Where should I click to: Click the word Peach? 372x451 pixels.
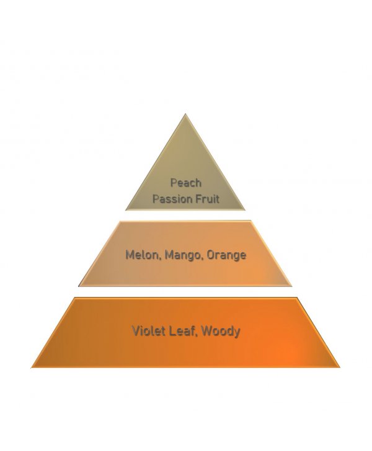pos(186,183)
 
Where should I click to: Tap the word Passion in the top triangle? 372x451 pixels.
pos(169,199)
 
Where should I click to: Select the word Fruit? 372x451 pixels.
pos(204,199)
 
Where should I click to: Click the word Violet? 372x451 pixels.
pos(149,331)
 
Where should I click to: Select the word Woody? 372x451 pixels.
pos(221,332)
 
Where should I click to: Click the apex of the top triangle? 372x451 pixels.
pos(185,114)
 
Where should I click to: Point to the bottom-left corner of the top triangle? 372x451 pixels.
pos(125,210)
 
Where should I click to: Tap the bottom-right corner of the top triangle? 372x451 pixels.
pos(245,210)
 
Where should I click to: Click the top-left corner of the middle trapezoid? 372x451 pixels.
pos(120,221)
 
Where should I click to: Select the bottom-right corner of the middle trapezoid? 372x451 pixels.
pos(292,286)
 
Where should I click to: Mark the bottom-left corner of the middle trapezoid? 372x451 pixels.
pos(78,286)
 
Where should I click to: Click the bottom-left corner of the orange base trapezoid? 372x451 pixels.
pos(31,367)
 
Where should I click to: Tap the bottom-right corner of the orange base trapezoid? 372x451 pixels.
pos(340,367)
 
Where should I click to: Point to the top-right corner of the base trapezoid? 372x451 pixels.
pos(297,298)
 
